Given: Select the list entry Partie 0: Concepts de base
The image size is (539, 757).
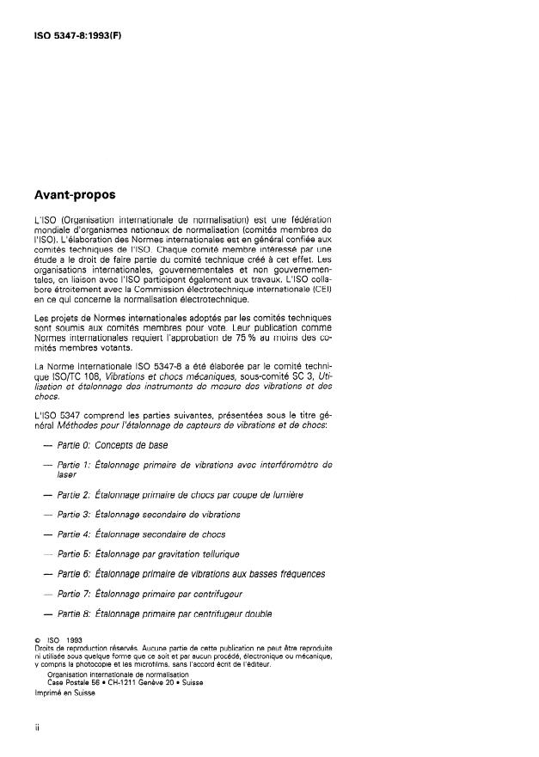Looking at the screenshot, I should (x=112, y=445).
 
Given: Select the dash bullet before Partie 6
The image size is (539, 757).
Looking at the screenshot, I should (x=46, y=574).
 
